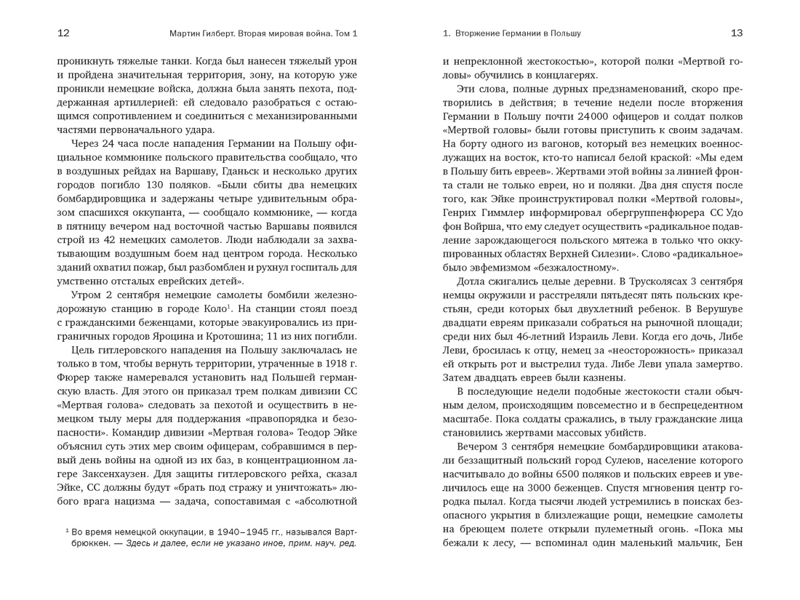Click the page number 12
[63, 33]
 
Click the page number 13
[736, 33]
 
